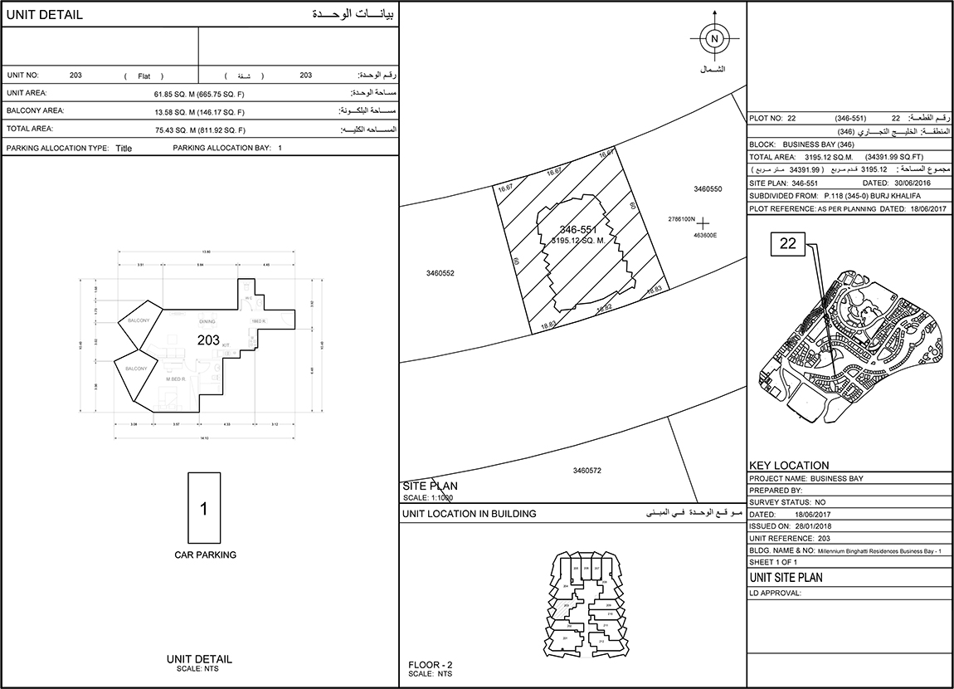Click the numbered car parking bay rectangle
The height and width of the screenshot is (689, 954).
coord(204,507)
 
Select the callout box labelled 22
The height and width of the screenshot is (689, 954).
coord(787,243)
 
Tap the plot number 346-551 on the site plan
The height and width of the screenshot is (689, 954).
coord(578,229)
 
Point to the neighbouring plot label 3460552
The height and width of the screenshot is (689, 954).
coord(440,272)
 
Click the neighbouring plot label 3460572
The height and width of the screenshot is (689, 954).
coord(587,471)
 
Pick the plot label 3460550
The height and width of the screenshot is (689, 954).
coord(708,189)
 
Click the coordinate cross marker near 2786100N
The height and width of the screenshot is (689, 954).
coord(703,222)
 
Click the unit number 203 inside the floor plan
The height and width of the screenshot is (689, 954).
coord(208,340)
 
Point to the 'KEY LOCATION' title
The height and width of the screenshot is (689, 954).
coord(789,466)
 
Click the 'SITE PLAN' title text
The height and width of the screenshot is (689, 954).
coord(430,486)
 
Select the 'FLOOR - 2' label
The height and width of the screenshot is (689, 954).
coord(431,665)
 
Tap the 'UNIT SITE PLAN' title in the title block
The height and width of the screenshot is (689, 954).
coord(786,578)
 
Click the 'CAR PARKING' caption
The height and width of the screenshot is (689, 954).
coord(205,555)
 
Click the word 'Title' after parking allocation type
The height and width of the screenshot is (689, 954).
coord(124,149)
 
